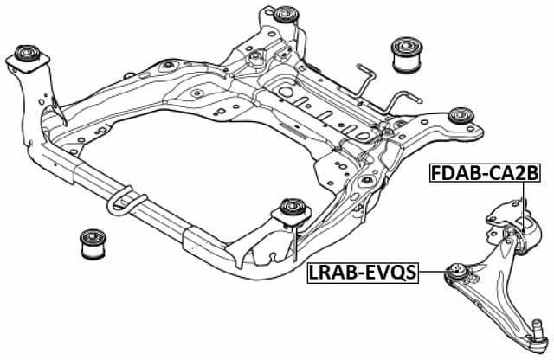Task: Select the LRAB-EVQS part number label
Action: [362, 274]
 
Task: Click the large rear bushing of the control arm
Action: [517, 237]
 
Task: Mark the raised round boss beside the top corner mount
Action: [257, 60]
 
